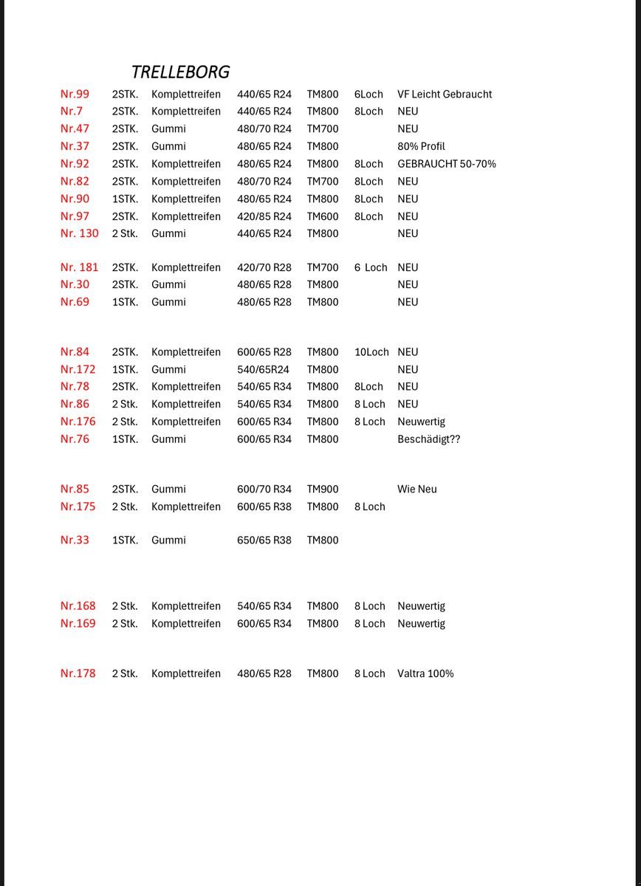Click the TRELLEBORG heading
tap(180, 72)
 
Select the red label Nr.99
tap(75, 94)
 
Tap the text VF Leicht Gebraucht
tap(444, 94)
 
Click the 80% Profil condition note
tap(421, 146)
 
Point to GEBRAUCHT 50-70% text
tap(446, 164)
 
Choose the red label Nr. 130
tap(79, 233)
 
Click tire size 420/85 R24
tap(264, 216)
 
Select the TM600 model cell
tap(323, 216)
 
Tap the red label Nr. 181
tap(79, 267)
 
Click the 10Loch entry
tap(371, 352)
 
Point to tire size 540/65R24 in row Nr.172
tap(262, 369)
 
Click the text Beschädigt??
tap(428, 439)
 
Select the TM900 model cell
tap(323, 489)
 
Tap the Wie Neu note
tap(417, 489)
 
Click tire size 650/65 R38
tap(264, 540)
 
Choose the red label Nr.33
tap(75, 540)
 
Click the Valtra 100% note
tap(425, 673)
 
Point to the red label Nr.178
tap(78, 673)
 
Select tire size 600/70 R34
tap(264, 489)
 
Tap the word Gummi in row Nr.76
tap(168, 439)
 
